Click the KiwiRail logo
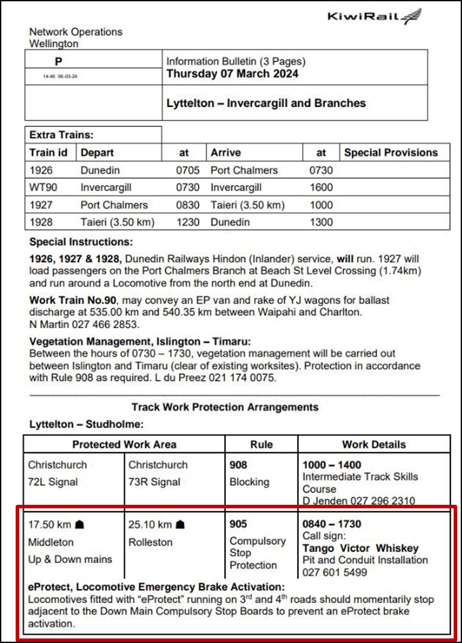pyautogui.click(x=374, y=16)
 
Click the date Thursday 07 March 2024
pyautogui.click(x=232, y=74)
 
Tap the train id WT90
pyautogui.click(x=43, y=187)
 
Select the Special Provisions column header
pyautogui.click(x=391, y=153)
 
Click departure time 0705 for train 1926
pyautogui.click(x=188, y=170)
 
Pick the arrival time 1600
pyautogui.click(x=321, y=187)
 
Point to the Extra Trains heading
pyautogui.click(x=61, y=135)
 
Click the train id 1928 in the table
pyautogui.click(x=41, y=222)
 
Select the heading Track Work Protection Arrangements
pyautogui.click(x=225, y=407)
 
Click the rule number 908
pyautogui.click(x=238, y=465)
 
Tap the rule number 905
pyautogui.click(x=238, y=524)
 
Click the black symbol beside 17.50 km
pyautogui.click(x=80, y=525)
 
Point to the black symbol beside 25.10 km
pyautogui.click(x=180, y=525)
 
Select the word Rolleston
pyautogui.click(x=151, y=542)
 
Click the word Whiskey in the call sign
pyautogui.click(x=397, y=548)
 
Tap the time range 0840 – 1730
pyautogui.click(x=332, y=524)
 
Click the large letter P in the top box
pyautogui.click(x=58, y=62)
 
